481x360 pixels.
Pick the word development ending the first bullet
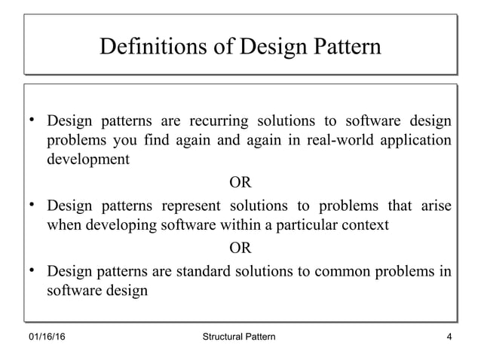pyautogui.click(x=87, y=160)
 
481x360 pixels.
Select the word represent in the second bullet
pyautogui.click(x=185, y=206)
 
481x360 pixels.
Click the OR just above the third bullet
pyautogui.click(x=240, y=247)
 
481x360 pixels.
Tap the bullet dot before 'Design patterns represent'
pyautogui.click(x=33, y=204)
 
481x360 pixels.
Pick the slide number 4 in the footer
pyautogui.click(x=449, y=335)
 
